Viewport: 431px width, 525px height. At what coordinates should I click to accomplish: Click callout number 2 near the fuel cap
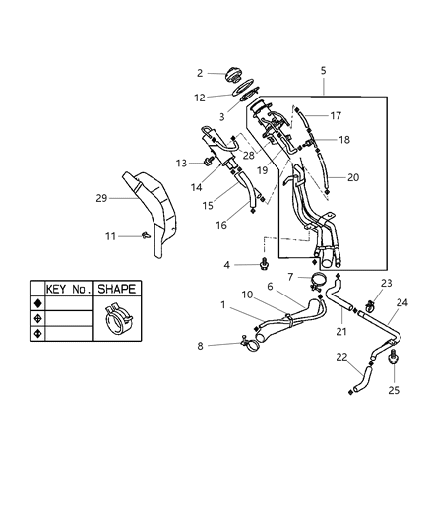199,73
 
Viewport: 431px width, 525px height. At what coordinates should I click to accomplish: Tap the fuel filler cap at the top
235,74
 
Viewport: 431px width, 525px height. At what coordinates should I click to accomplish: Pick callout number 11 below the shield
112,236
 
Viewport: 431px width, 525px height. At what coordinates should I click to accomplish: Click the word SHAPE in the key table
116,289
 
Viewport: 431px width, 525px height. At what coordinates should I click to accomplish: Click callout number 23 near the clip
385,283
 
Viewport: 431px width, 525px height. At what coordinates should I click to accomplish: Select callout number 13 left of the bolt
181,163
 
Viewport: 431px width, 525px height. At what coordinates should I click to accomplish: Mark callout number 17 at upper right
336,115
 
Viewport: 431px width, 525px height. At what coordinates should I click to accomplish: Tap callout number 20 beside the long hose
351,178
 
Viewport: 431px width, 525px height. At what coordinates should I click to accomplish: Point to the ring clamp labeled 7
318,287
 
